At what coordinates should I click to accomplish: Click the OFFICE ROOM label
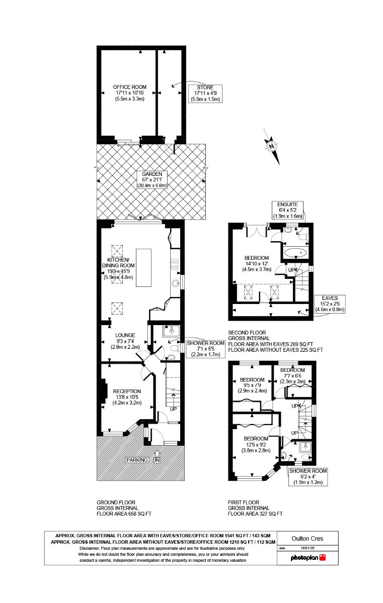130,93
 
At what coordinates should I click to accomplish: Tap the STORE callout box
205,93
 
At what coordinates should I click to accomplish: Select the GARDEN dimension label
152,179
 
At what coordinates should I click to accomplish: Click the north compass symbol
272,146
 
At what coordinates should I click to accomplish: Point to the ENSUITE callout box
287,210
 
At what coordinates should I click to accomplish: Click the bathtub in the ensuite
295,253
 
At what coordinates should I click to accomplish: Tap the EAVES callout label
330,304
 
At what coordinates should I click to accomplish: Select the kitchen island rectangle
143,267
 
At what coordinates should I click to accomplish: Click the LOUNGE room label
125,341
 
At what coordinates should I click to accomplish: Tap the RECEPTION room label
127,397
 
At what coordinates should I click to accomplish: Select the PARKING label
137,460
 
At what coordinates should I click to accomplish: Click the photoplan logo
308,558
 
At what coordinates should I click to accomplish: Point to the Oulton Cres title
308,538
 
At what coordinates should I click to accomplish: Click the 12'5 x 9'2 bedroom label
256,444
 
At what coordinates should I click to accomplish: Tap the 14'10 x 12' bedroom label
257,263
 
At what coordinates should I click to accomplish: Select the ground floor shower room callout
205,349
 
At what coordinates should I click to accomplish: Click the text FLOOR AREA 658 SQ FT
124,514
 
